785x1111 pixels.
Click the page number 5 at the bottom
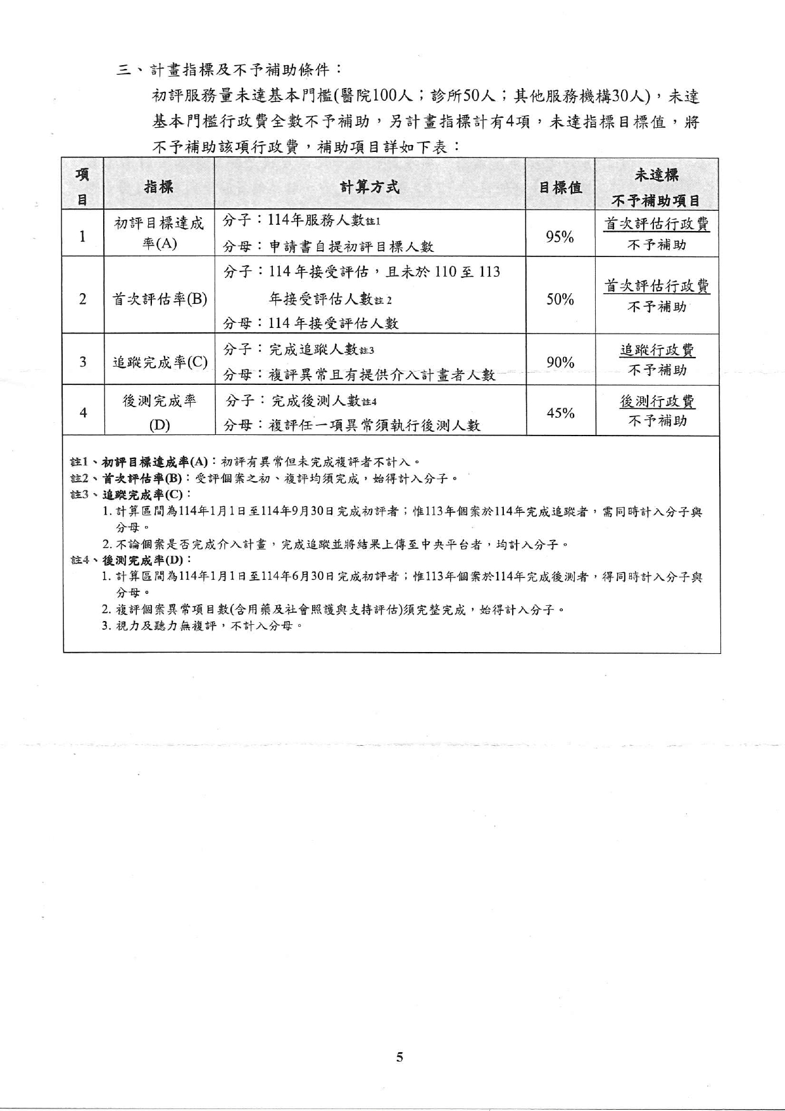399,1057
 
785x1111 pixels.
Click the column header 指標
158,187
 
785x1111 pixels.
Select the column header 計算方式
370,187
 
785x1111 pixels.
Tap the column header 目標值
560,187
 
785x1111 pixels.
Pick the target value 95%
560,237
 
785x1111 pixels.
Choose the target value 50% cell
560,299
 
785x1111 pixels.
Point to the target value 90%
560,362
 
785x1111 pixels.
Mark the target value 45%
560,413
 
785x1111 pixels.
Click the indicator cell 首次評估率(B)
160,299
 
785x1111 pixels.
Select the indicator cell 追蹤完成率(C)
160,362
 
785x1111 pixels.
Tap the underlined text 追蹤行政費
657,350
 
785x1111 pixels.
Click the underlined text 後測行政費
657,401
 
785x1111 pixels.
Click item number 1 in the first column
82,237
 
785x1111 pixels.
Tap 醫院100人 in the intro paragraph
377,96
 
